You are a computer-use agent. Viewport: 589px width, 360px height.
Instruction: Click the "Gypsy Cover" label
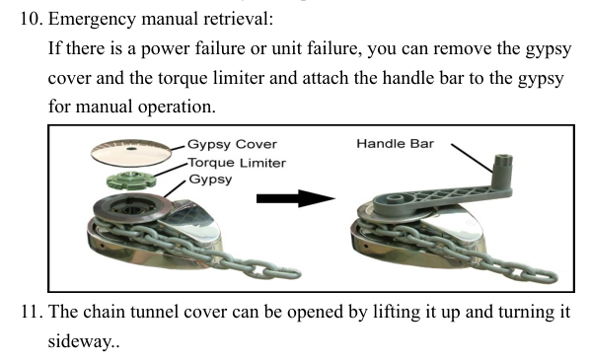(x=232, y=145)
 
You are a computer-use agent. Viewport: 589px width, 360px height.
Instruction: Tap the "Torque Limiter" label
(x=237, y=163)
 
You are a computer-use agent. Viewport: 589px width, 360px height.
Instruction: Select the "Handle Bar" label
(x=396, y=144)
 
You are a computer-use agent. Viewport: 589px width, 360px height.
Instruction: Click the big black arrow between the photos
(x=296, y=198)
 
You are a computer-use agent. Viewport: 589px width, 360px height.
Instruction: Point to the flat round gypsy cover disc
(x=130, y=153)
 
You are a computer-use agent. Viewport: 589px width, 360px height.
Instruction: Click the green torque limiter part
(x=130, y=180)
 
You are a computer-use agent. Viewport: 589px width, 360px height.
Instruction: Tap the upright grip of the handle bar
(x=502, y=170)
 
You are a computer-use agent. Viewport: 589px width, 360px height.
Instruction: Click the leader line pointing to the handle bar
(x=473, y=158)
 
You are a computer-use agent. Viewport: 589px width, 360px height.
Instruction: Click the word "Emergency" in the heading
(x=92, y=20)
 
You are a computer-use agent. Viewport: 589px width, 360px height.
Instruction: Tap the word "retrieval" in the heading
(x=238, y=19)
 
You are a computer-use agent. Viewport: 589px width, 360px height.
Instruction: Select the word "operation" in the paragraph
(x=177, y=108)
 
